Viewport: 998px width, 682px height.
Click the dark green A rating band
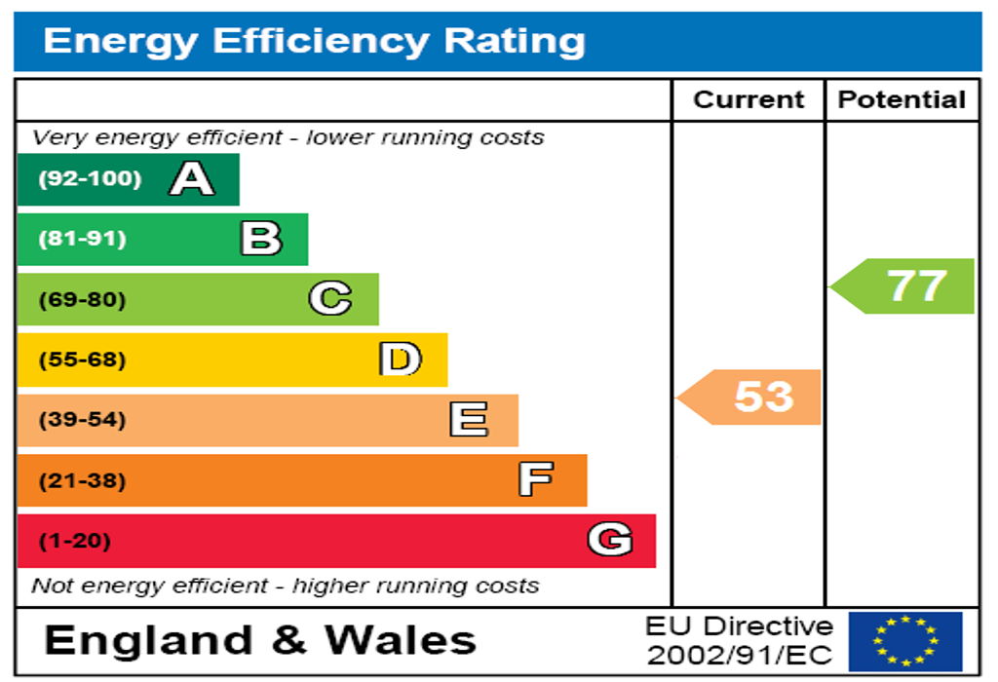tap(127, 179)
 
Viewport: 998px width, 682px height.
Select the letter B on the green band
tap(261, 239)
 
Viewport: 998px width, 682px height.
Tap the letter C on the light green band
tap(330, 299)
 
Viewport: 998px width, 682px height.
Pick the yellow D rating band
tap(232, 360)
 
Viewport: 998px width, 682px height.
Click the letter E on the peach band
tap(469, 420)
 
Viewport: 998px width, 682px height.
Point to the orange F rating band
tap(302, 480)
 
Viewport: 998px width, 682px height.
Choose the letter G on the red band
tap(610, 540)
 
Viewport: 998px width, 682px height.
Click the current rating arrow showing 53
tap(750, 397)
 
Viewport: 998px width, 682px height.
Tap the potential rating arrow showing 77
tap(904, 285)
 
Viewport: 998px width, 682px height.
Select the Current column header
tap(748, 99)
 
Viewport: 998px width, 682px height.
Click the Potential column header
tap(902, 99)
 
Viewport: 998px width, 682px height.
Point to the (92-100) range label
tap(90, 179)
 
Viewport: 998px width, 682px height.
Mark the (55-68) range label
tap(82, 360)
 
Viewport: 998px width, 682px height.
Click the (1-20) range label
tap(74, 541)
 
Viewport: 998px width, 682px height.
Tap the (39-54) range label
tap(82, 420)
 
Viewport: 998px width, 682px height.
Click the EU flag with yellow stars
tap(904, 641)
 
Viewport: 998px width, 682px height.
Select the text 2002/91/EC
tap(741, 655)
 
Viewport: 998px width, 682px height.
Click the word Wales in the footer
tap(400, 640)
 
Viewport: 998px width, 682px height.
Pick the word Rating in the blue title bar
tap(515, 41)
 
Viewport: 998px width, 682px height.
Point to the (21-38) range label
tap(82, 480)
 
